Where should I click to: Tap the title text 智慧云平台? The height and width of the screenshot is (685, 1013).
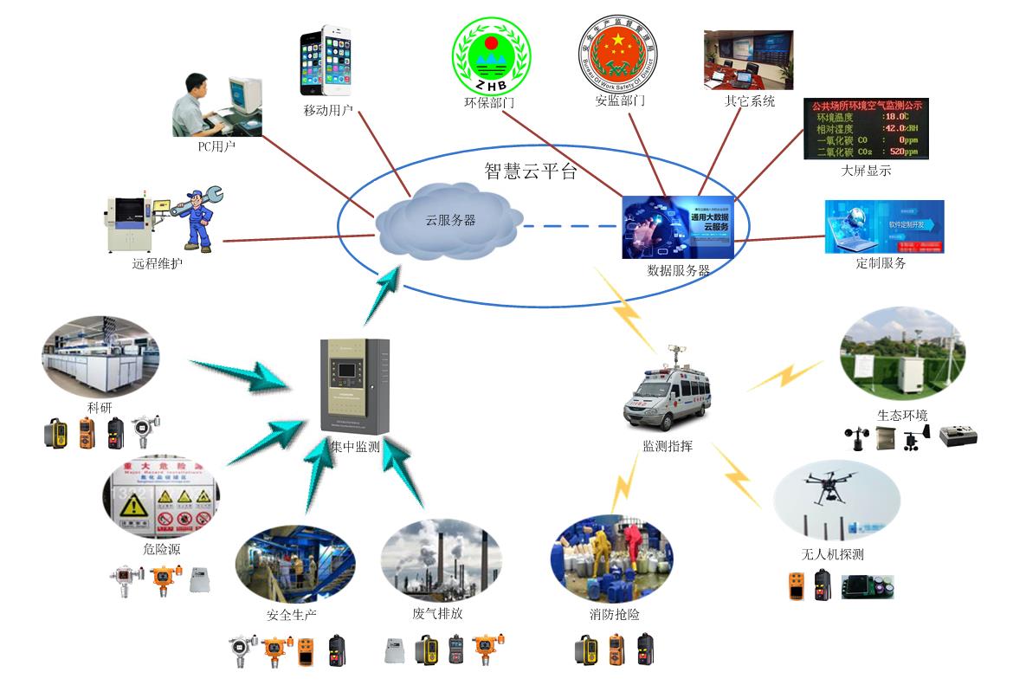click(530, 171)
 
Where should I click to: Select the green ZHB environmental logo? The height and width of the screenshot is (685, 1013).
click(493, 56)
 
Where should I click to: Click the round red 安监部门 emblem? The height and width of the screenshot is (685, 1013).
click(617, 53)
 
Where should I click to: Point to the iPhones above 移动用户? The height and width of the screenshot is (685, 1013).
click(326, 61)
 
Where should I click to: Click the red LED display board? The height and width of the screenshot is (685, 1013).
click(866, 129)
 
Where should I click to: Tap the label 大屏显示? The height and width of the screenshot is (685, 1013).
click(866, 171)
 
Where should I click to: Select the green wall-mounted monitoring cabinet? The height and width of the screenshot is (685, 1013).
click(355, 386)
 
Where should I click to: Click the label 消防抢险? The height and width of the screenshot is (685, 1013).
click(614, 615)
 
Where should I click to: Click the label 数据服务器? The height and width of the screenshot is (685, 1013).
click(679, 270)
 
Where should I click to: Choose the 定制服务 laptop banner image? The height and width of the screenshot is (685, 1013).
click(884, 227)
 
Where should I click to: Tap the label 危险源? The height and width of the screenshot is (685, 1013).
click(162, 549)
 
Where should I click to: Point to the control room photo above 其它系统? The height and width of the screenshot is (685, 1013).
click(748, 61)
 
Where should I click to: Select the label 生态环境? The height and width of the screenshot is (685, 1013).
click(902, 415)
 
